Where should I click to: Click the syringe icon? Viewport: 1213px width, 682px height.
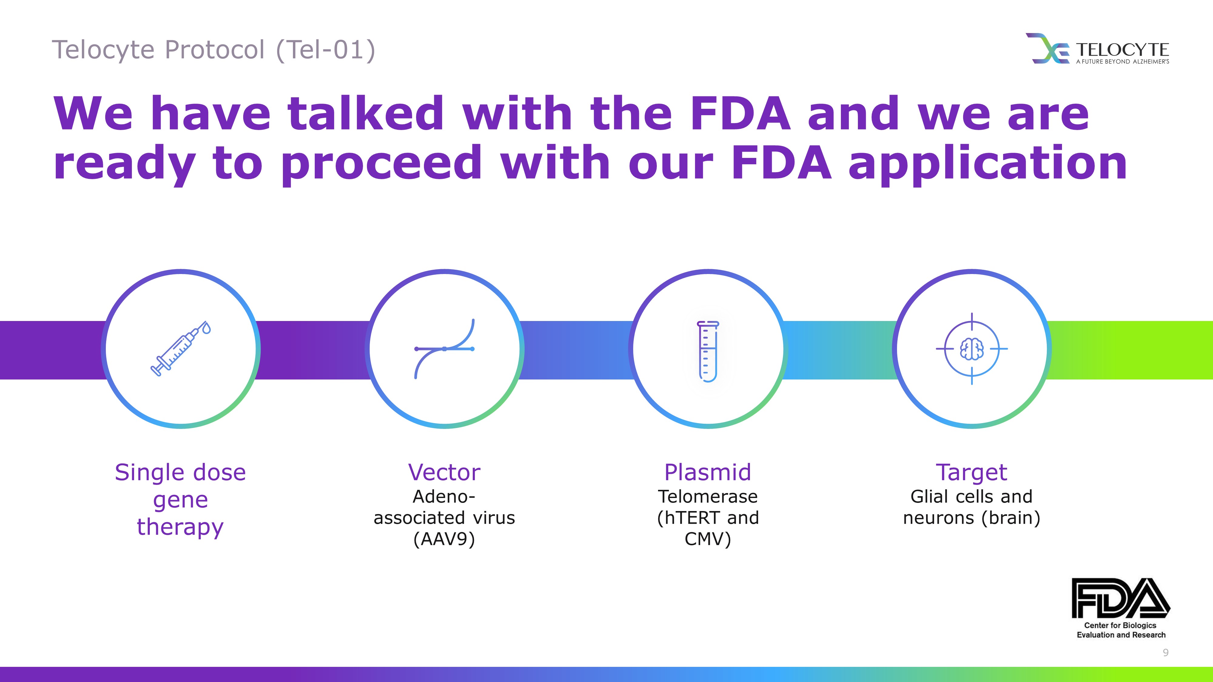point(180,349)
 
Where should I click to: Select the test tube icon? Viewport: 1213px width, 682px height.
point(708,351)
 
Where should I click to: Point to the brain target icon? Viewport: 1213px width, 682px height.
point(971,349)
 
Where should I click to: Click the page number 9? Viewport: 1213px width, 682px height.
point(1165,652)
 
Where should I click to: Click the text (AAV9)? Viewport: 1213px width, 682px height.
point(444,539)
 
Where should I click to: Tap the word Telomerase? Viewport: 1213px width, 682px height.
point(708,496)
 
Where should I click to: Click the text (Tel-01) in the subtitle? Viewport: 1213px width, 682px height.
point(326,50)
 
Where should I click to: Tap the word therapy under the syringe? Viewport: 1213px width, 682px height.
point(180,527)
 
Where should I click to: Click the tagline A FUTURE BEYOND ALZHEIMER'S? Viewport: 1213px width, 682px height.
point(1123,61)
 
